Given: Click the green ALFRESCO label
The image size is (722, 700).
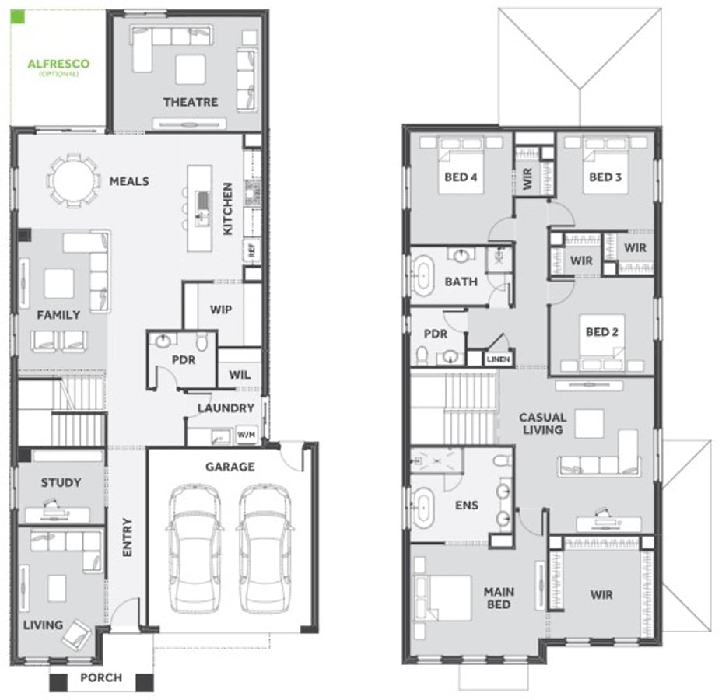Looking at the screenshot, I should click(58, 65).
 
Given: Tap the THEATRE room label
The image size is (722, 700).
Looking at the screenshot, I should click(190, 102).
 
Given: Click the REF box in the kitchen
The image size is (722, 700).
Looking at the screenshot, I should click(251, 250).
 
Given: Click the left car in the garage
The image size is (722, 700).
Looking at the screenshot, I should click(195, 548).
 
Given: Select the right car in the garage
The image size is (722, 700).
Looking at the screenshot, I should click(265, 548).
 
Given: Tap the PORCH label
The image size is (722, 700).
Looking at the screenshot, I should click(101, 677).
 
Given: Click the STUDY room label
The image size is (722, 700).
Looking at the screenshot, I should click(61, 482).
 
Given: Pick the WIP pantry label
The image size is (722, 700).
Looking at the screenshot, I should click(220, 310).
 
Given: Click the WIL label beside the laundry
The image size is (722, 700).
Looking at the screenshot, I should click(240, 375).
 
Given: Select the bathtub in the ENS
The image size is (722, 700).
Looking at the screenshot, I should click(422, 506).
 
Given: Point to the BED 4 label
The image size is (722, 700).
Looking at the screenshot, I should click(461, 177).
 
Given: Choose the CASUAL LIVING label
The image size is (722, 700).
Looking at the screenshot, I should click(542, 424).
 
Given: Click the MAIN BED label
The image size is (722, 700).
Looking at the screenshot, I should click(499, 598).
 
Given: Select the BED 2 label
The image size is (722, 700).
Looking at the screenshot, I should click(601, 332).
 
